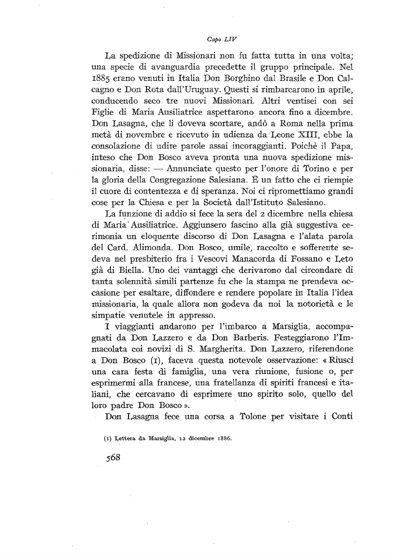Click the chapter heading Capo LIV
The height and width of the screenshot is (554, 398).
point(221,40)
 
